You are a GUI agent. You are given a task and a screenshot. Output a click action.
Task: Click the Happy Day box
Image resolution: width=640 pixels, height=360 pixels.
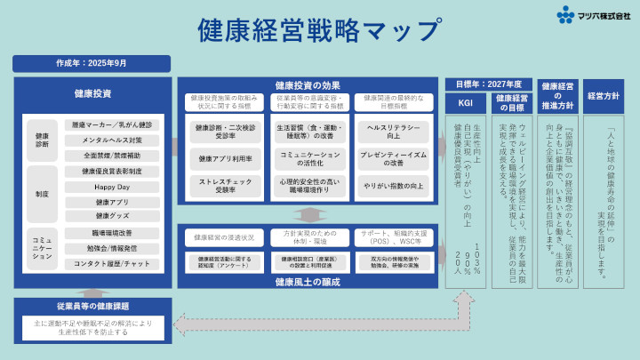[x=111, y=187]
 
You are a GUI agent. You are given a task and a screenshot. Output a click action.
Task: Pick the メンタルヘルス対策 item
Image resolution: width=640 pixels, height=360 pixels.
[x=111, y=140]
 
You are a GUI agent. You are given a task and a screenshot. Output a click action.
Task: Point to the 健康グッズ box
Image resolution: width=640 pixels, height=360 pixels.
[x=111, y=216]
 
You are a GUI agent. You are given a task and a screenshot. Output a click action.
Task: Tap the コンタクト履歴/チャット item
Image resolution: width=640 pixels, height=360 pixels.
[x=111, y=264]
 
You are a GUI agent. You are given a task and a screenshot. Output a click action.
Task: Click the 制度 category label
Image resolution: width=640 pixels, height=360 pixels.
[x=41, y=194]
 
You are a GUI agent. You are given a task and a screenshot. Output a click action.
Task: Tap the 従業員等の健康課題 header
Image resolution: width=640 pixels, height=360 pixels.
[x=92, y=305]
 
